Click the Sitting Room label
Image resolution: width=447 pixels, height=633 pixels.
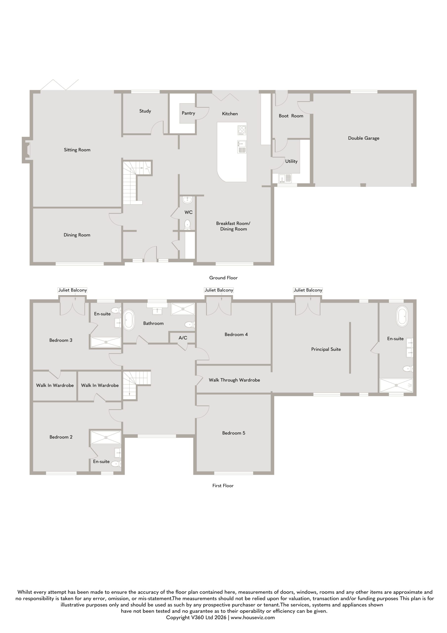pos(77,150)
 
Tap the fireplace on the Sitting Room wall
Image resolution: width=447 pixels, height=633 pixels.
pos(26,150)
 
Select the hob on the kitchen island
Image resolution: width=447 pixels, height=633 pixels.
pos(242,130)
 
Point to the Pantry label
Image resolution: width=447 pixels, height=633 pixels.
pos(188,113)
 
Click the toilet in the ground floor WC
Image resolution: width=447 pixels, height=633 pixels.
pos(187,225)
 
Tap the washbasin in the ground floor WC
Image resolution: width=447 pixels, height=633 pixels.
pos(187,200)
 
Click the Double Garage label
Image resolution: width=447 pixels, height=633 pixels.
pos(363,138)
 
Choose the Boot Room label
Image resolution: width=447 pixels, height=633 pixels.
pos(291,116)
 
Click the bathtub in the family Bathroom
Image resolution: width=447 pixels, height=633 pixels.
pos(129,320)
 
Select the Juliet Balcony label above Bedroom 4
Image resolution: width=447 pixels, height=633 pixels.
pos(219,290)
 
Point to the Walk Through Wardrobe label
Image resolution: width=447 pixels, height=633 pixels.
pos(234,380)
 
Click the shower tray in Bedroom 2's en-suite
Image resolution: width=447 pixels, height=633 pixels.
pos(106,437)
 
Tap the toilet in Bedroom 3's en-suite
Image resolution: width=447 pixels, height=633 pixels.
pos(116,310)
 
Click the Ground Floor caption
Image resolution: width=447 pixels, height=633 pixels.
pos(223,278)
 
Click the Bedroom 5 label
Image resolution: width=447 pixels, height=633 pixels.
pos(234,433)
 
